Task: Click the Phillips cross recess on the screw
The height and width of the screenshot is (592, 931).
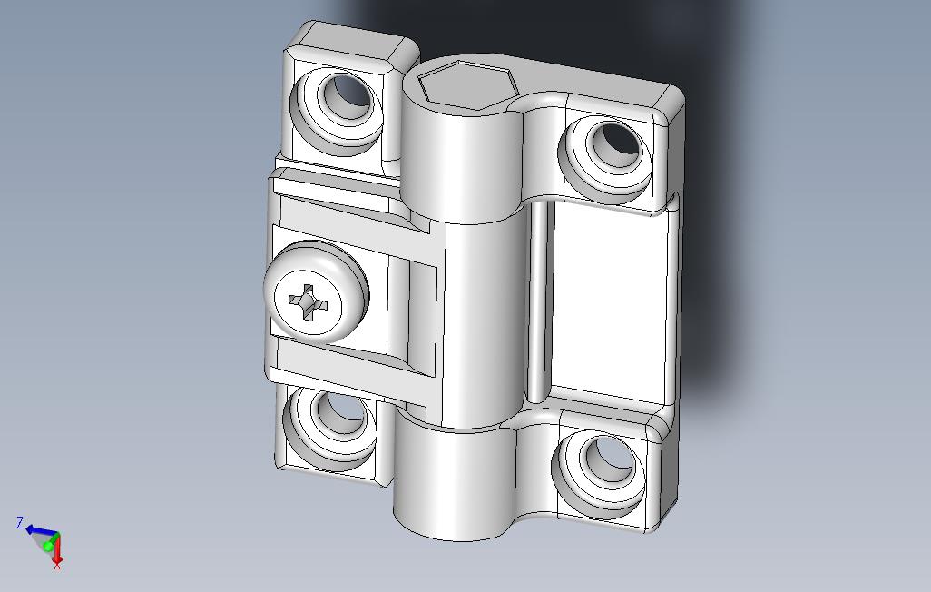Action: [x=309, y=301]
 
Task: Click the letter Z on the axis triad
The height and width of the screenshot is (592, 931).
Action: [x=19, y=522]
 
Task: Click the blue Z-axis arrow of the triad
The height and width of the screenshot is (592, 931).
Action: [x=38, y=530]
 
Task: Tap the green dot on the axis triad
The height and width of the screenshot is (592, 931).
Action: [x=48, y=547]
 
